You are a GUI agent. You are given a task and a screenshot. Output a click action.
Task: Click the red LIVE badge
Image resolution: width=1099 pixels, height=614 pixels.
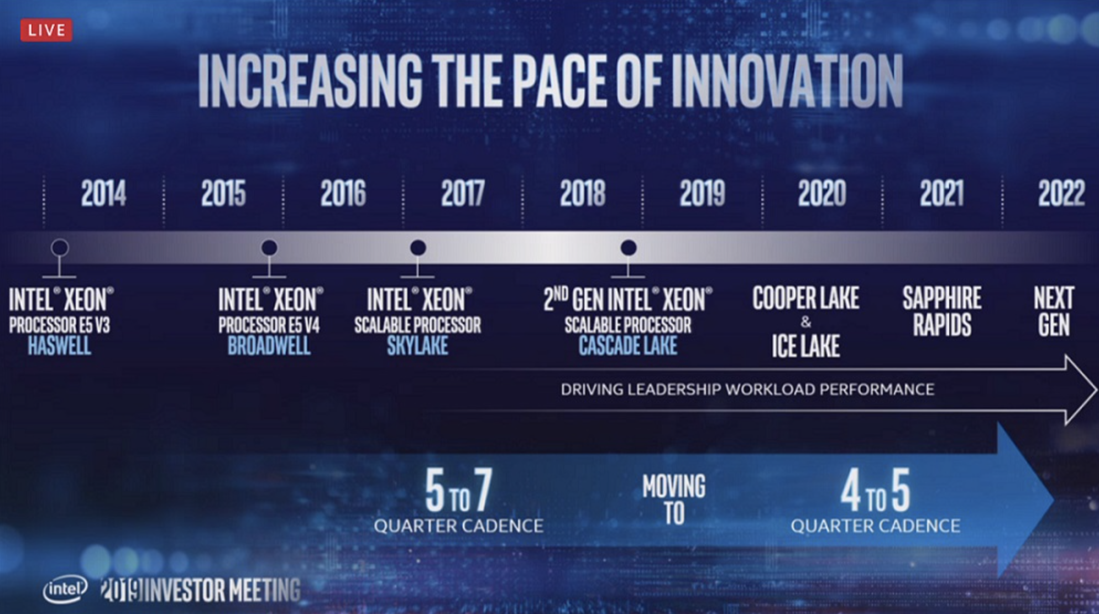[x=46, y=30]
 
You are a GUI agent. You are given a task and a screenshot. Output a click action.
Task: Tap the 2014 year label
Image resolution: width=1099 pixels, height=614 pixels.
[x=103, y=194]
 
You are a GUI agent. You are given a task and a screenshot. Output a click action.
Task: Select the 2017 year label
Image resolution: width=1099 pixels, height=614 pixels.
[x=463, y=194]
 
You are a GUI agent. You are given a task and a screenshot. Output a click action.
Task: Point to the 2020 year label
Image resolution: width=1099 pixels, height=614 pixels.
[x=821, y=194]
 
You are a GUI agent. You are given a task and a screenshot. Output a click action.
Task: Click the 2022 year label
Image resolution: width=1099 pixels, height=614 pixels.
[x=1061, y=194]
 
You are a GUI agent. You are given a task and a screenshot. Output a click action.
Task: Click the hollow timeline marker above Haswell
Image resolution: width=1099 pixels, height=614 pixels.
[x=60, y=247]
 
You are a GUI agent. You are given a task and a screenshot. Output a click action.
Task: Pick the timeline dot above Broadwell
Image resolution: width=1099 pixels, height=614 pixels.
[x=269, y=247]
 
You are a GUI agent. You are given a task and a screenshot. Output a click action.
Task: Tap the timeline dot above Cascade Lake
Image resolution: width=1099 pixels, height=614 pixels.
[x=628, y=247]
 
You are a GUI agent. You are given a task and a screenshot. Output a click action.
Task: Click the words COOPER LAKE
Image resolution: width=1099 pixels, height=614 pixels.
[x=805, y=299]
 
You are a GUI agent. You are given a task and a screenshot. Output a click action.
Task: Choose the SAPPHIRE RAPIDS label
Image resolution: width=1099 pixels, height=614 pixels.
[x=942, y=311]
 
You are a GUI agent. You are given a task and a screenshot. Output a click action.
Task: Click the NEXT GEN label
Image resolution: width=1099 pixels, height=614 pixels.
[x=1054, y=311]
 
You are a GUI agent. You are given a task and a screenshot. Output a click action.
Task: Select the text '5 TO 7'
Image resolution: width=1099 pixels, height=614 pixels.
[x=458, y=492]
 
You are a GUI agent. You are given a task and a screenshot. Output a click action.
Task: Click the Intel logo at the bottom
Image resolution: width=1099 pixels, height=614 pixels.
[x=65, y=589]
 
